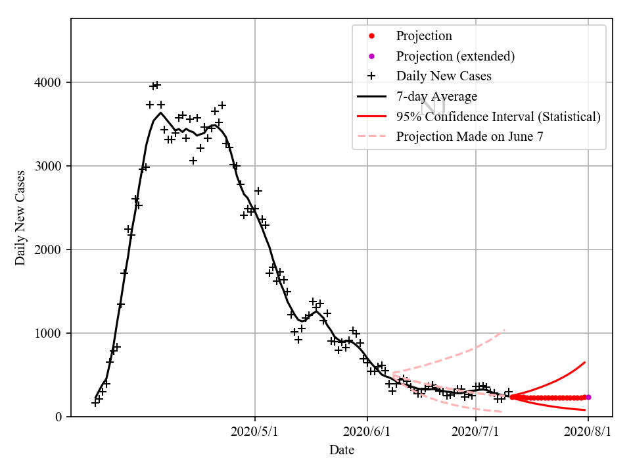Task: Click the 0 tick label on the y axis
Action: click(58, 417)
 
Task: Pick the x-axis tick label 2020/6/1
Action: click(367, 432)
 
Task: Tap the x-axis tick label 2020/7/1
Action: click(476, 432)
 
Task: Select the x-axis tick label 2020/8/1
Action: click(588, 432)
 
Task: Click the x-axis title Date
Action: click(342, 450)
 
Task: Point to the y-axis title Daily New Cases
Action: click(20, 218)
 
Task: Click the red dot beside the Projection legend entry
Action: click(371, 36)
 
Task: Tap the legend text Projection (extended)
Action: click(455, 57)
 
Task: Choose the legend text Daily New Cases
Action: click(444, 76)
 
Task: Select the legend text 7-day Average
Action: click(436, 97)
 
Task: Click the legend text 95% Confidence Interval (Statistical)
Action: click(498, 117)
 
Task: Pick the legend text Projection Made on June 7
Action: click(469, 137)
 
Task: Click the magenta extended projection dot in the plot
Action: click(588, 397)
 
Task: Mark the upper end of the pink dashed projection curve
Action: click(505, 330)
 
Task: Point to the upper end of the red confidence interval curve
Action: click(585, 362)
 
